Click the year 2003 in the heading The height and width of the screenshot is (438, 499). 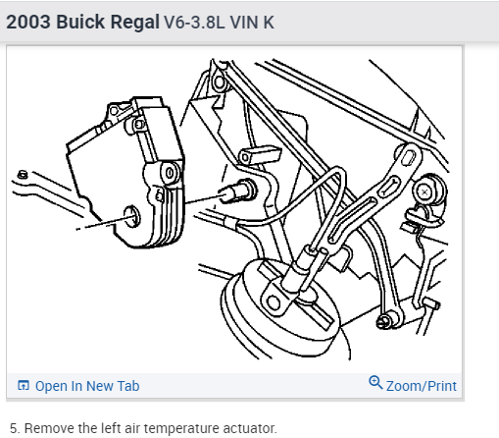click(x=28, y=23)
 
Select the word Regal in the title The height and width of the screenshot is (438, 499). click(x=134, y=23)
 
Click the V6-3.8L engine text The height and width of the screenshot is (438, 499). click(x=194, y=23)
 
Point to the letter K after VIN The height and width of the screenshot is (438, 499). click(x=269, y=23)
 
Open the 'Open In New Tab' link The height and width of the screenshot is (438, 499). click(x=87, y=386)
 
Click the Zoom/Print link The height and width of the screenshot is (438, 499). click(x=422, y=386)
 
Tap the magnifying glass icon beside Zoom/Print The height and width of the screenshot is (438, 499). click(x=375, y=382)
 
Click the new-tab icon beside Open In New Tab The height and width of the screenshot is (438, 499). click(x=24, y=385)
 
